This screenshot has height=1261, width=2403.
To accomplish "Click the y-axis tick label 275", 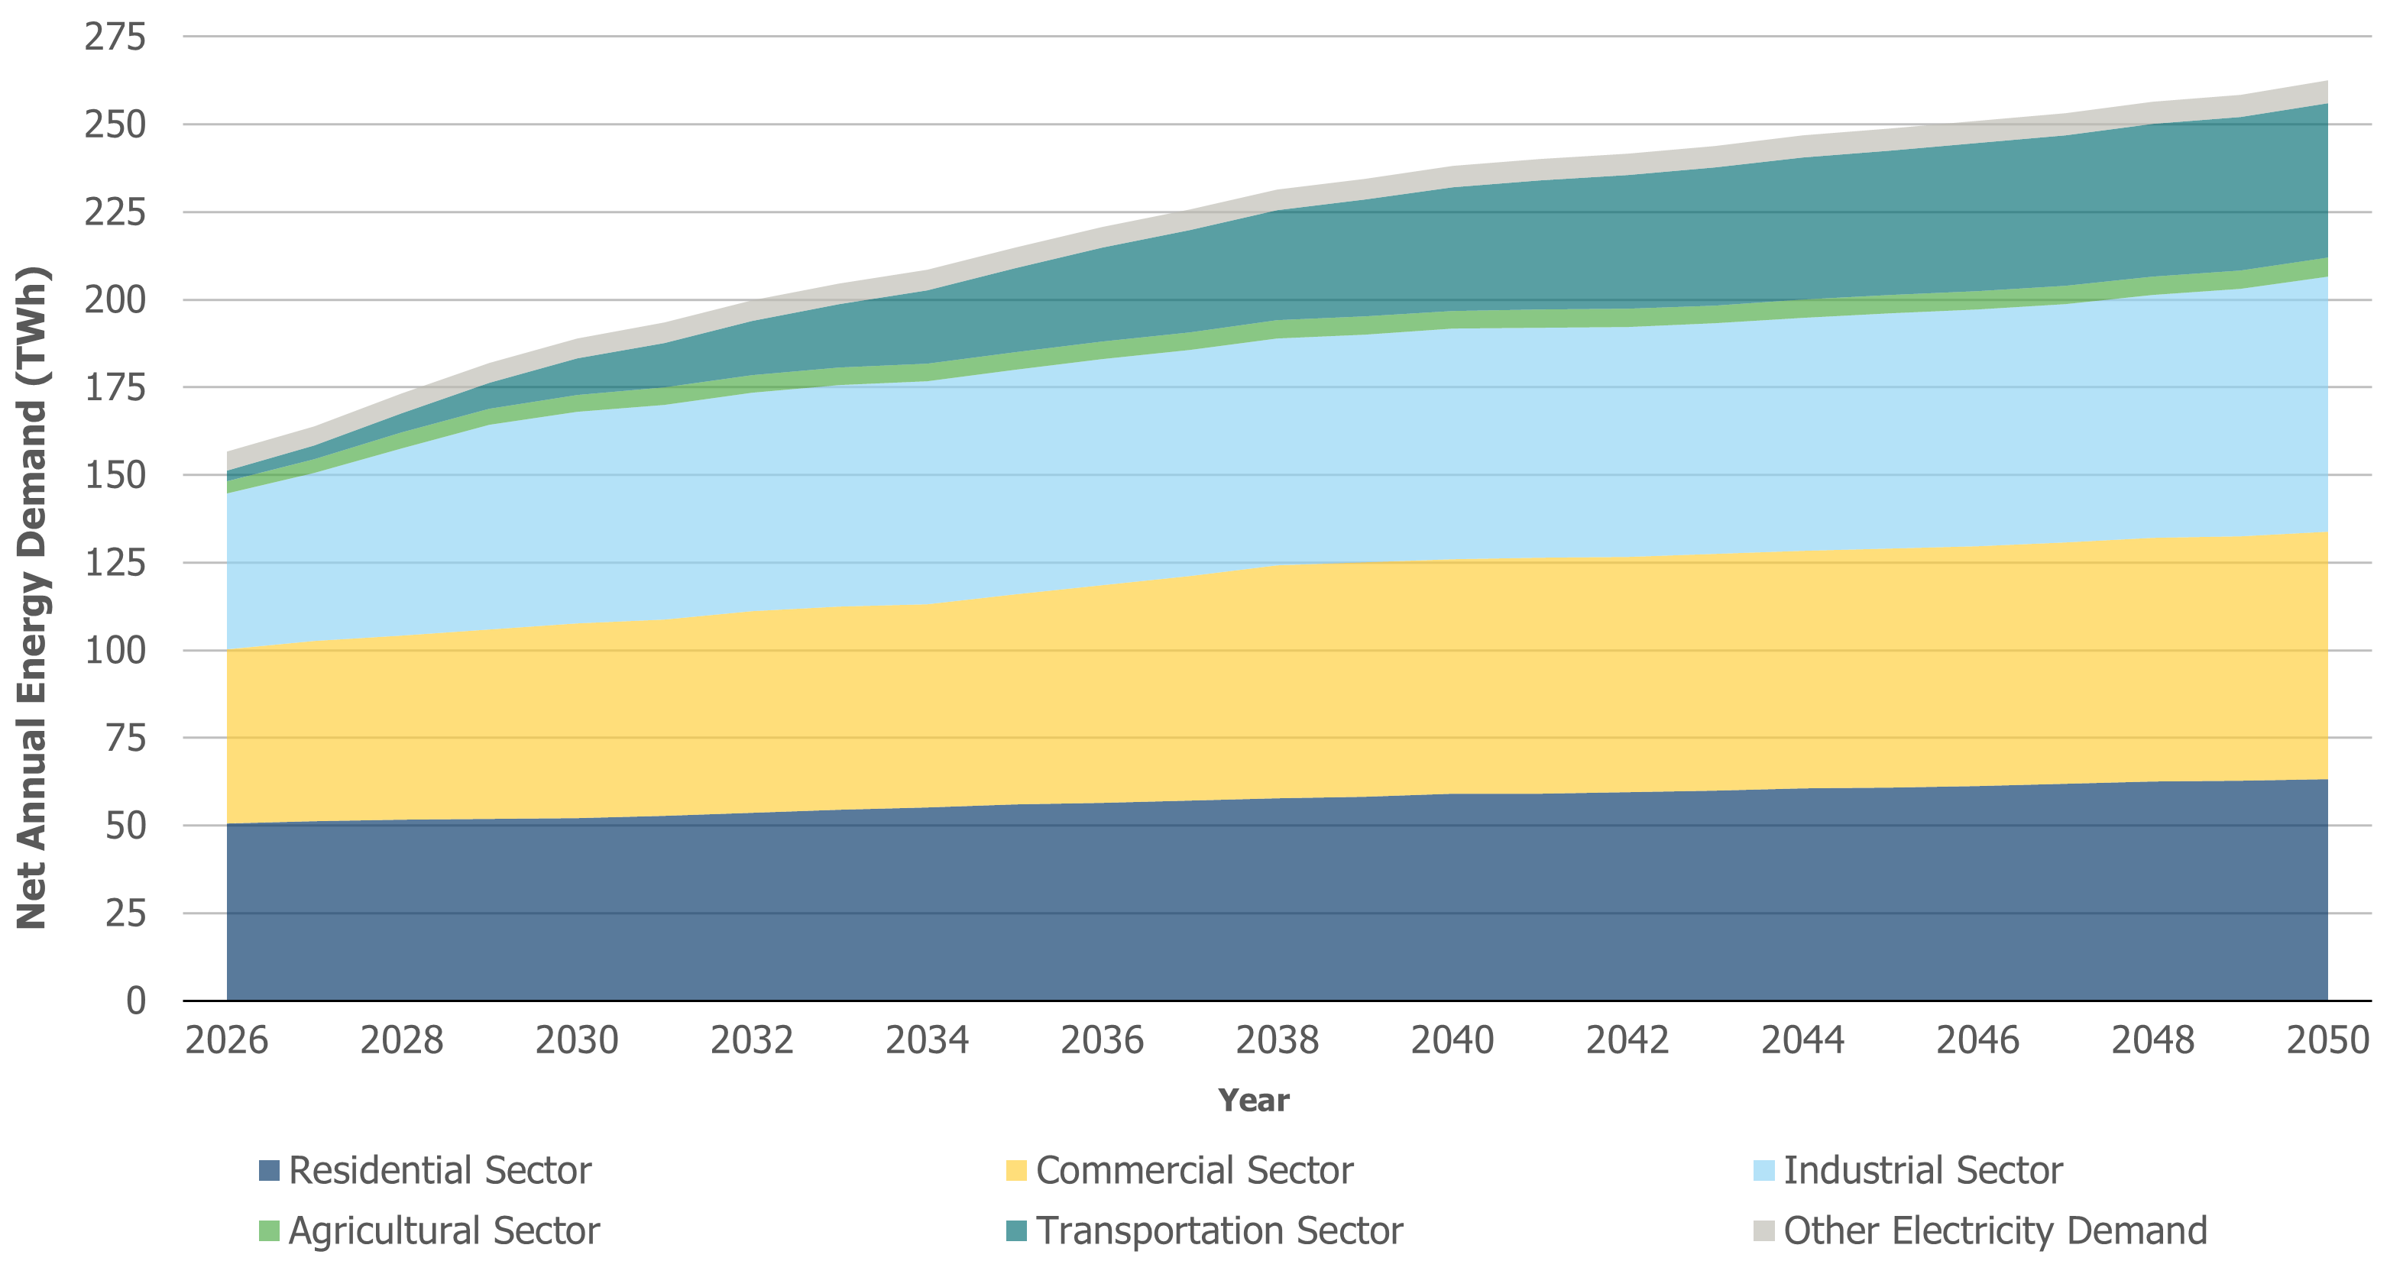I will click(115, 37).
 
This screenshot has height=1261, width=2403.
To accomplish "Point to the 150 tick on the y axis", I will click(115, 475).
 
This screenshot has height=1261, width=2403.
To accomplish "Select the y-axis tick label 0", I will click(136, 1001).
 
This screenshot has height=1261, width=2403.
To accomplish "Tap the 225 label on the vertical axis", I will click(115, 212).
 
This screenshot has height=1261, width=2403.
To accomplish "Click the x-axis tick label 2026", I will click(227, 1040).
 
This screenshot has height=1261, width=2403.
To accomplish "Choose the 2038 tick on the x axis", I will click(1277, 1040).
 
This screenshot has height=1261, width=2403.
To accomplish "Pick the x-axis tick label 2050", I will click(2327, 1040).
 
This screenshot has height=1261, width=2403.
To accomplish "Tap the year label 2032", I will click(752, 1040).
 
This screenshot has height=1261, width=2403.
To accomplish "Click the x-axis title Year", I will click(1253, 1101).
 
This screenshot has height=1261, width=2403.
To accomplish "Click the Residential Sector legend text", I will click(439, 1171).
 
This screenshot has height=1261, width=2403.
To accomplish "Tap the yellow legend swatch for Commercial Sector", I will click(1016, 1171).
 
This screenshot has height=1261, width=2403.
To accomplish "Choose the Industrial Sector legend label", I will click(1922, 1171).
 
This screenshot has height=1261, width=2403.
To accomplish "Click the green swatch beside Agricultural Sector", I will click(269, 1231).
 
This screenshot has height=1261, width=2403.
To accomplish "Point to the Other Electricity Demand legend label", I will click(1994, 1231).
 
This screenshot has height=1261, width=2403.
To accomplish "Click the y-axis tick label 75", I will click(125, 738).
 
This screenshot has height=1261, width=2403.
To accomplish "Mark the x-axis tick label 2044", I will click(1802, 1040).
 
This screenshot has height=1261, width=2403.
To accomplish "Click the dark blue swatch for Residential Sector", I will click(269, 1171).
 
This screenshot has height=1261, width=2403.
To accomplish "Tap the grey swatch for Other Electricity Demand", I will click(1763, 1231).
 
